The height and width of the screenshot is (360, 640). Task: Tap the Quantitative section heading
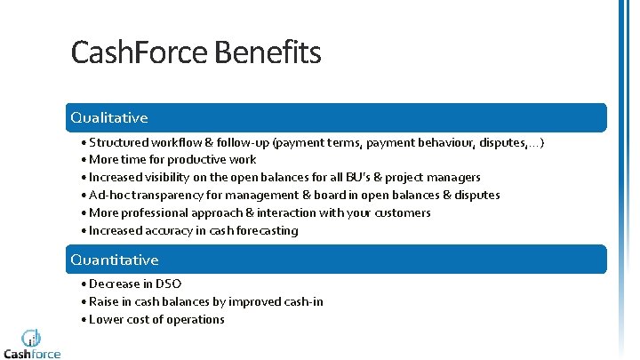pyautogui.click(x=115, y=260)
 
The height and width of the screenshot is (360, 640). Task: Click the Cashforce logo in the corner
pyautogui.click(x=32, y=343)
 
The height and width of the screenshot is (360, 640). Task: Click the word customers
pyautogui.click(x=399, y=213)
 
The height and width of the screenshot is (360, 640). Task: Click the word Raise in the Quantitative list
pyautogui.click(x=105, y=302)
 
